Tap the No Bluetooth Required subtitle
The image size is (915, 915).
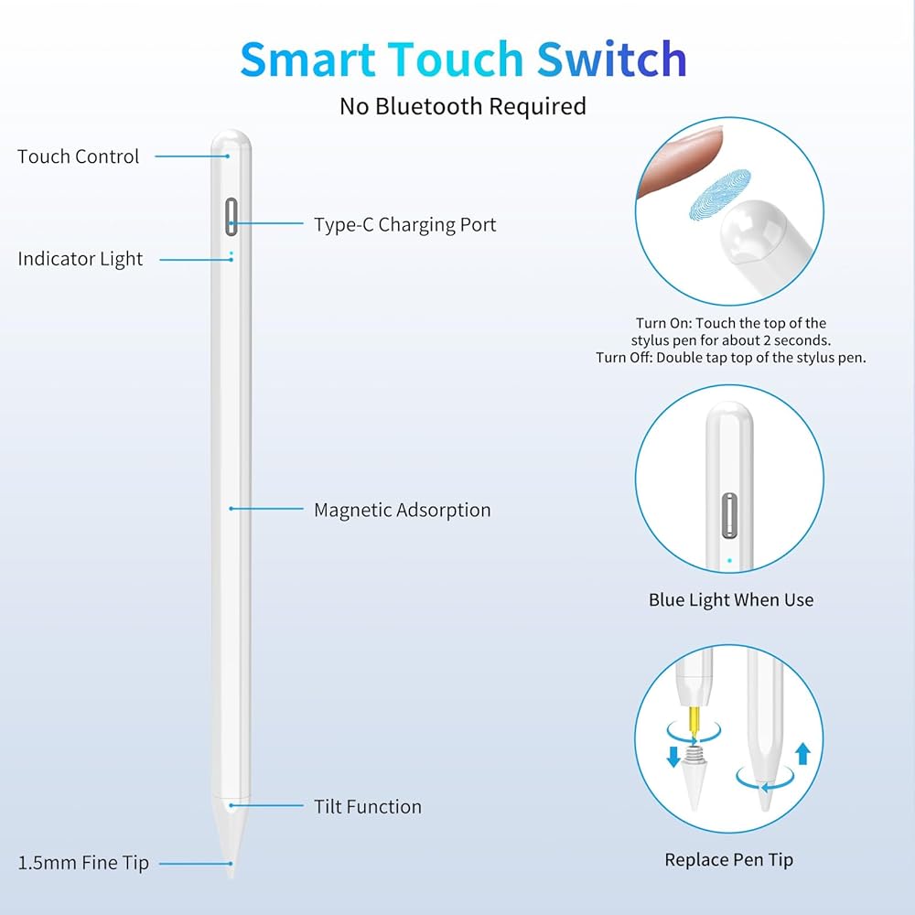pyautogui.click(x=462, y=106)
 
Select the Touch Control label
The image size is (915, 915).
pyautogui.click(x=79, y=156)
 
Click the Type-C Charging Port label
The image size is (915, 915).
pyautogui.click(x=404, y=224)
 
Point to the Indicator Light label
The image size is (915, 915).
pyautogui.click(x=81, y=259)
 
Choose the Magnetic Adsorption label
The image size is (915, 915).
pyautogui.click(x=402, y=510)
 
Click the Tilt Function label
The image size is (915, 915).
pyautogui.click(x=368, y=806)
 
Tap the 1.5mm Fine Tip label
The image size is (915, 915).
pyautogui.click(x=83, y=862)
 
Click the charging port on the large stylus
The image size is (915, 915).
pyautogui.click(x=231, y=216)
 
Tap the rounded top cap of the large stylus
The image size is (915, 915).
pyautogui.click(x=231, y=144)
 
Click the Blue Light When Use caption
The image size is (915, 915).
pyautogui.click(x=730, y=600)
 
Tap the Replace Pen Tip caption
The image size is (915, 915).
pyautogui.click(x=728, y=859)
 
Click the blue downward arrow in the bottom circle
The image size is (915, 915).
pyautogui.click(x=674, y=756)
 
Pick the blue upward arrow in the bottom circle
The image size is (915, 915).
pyautogui.click(x=802, y=753)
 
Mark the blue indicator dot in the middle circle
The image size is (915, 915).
pyautogui.click(x=728, y=560)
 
